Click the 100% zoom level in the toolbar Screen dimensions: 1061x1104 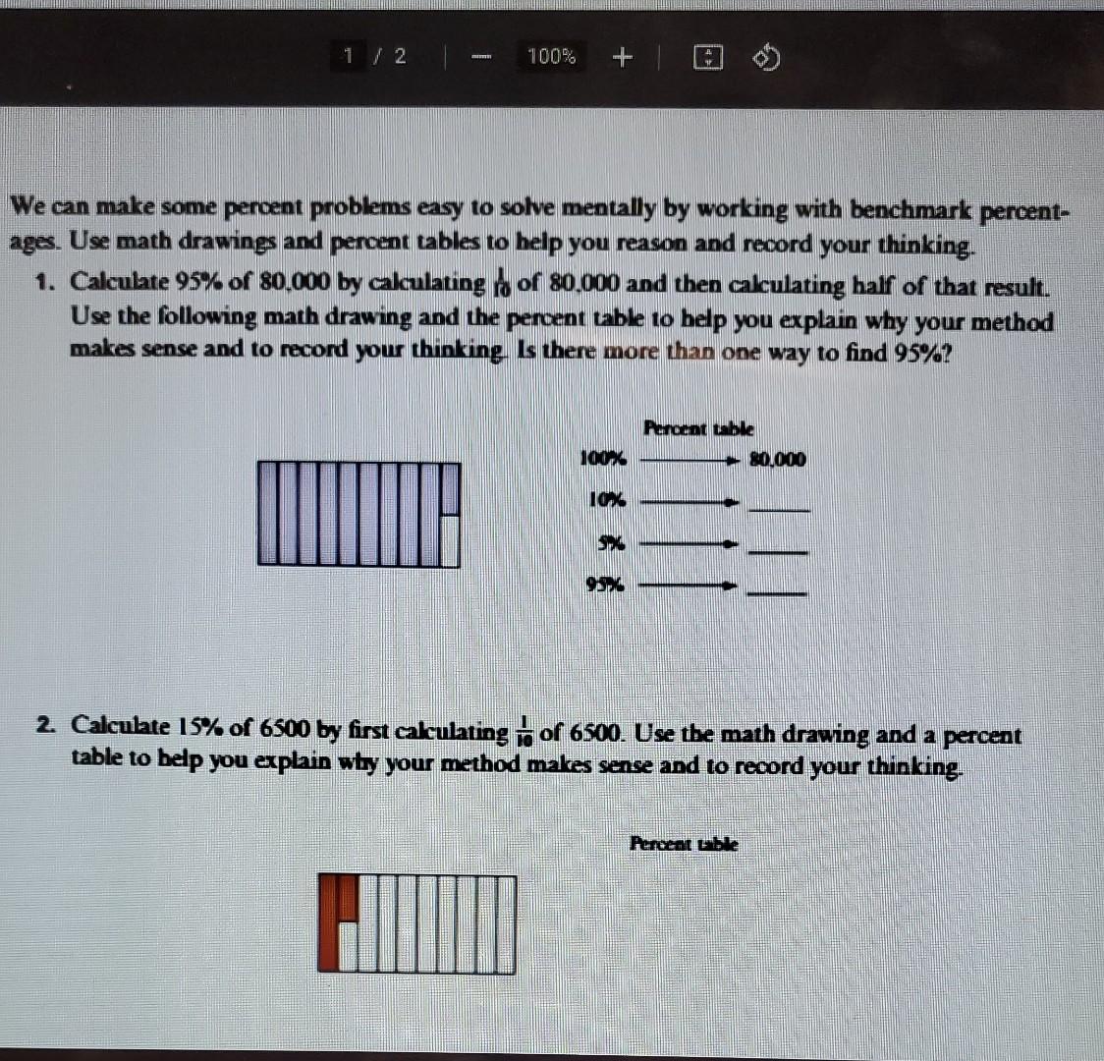(x=551, y=57)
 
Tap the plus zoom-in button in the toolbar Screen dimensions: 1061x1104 (x=621, y=57)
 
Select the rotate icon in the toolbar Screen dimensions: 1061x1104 (x=767, y=59)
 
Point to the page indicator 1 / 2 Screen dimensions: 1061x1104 (x=376, y=56)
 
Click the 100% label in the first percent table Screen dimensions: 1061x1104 (x=602, y=458)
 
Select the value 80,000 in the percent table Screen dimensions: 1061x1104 (x=777, y=459)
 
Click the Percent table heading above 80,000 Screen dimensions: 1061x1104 (x=698, y=427)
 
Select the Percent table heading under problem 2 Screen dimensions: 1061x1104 (x=684, y=843)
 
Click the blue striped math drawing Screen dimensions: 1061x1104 (x=359, y=513)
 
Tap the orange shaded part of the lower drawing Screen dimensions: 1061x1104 (x=336, y=921)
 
